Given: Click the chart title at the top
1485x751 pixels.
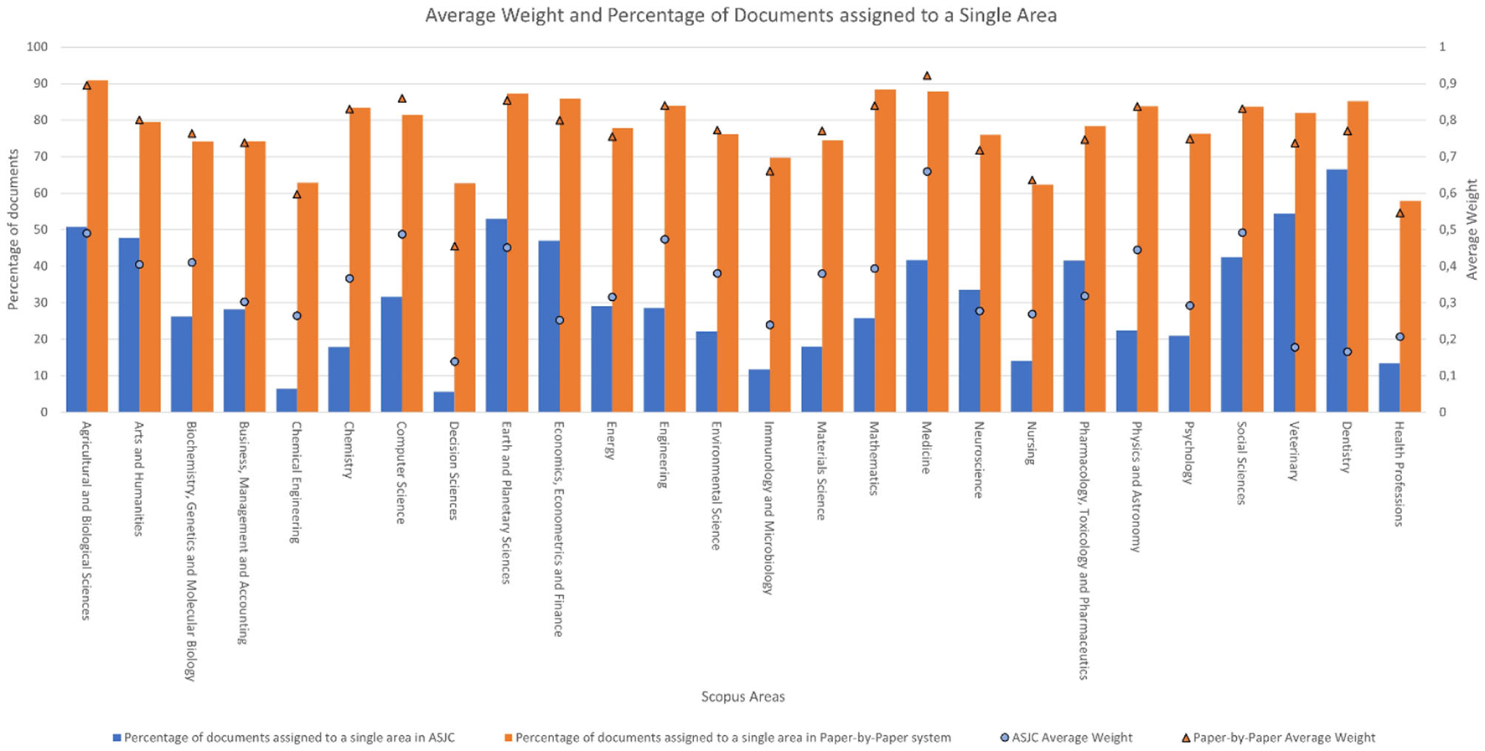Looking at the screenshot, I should coord(741,15).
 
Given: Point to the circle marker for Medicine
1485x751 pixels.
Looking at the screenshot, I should coord(927,172).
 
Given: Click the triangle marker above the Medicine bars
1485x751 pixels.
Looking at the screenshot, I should coord(927,76).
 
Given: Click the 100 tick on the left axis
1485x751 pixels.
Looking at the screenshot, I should coord(37,47).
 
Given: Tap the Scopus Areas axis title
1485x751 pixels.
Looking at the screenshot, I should coord(742,697).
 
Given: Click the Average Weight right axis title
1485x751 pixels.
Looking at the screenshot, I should coord(1472,230).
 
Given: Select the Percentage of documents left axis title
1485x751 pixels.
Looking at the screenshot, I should coord(13,230).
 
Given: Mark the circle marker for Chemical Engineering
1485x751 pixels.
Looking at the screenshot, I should coord(297,316).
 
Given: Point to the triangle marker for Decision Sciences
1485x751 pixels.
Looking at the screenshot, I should coord(454,246).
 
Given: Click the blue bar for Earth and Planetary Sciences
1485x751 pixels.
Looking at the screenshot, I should coord(496,315).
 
